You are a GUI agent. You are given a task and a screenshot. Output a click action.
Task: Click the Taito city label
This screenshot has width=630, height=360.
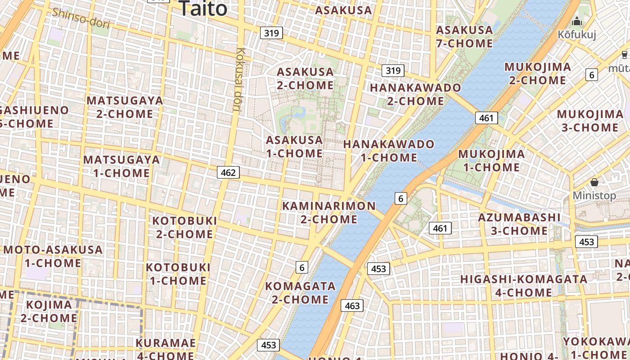click(x=203, y=8)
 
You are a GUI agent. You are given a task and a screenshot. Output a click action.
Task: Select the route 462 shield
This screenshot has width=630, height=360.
click(x=228, y=172)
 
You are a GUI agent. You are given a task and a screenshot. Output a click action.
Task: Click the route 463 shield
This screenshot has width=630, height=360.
click(x=352, y=306)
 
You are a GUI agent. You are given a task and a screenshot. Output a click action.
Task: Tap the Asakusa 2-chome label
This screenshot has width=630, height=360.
click(x=305, y=78)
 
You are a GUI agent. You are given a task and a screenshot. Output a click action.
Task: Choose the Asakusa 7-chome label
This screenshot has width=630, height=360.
click(x=464, y=37)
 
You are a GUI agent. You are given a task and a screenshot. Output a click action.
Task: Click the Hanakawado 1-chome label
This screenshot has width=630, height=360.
click(x=389, y=151)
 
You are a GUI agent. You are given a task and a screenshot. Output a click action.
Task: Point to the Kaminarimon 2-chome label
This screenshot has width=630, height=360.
click(x=328, y=213)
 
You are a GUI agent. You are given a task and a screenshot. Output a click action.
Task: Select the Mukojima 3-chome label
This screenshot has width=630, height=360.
click(x=589, y=121)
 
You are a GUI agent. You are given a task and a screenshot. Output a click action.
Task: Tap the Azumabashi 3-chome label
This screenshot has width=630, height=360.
click(x=519, y=224)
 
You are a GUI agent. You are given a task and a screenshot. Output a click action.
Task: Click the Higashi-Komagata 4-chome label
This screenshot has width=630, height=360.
click(x=524, y=286)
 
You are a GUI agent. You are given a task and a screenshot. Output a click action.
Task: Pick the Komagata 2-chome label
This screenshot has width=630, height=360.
click(x=300, y=292)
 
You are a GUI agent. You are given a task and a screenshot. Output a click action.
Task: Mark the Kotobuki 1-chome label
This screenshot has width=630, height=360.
click(x=178, y=274)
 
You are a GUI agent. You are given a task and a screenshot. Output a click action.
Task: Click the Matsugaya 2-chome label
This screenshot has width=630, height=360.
click(x=125, y=107)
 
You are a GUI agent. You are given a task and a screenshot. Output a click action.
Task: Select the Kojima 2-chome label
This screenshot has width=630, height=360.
click(x=49, y=311)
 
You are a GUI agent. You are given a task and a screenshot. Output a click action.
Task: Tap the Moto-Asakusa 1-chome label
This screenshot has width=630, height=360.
click(x=53, y=256)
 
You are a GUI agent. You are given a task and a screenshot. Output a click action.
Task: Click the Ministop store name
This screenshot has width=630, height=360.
click(x=594, y=196)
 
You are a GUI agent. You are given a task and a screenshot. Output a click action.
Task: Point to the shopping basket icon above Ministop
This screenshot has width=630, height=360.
click(x=594, y=182)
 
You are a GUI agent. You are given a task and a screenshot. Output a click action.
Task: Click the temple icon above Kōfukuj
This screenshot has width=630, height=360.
click(x=577, y=21)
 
